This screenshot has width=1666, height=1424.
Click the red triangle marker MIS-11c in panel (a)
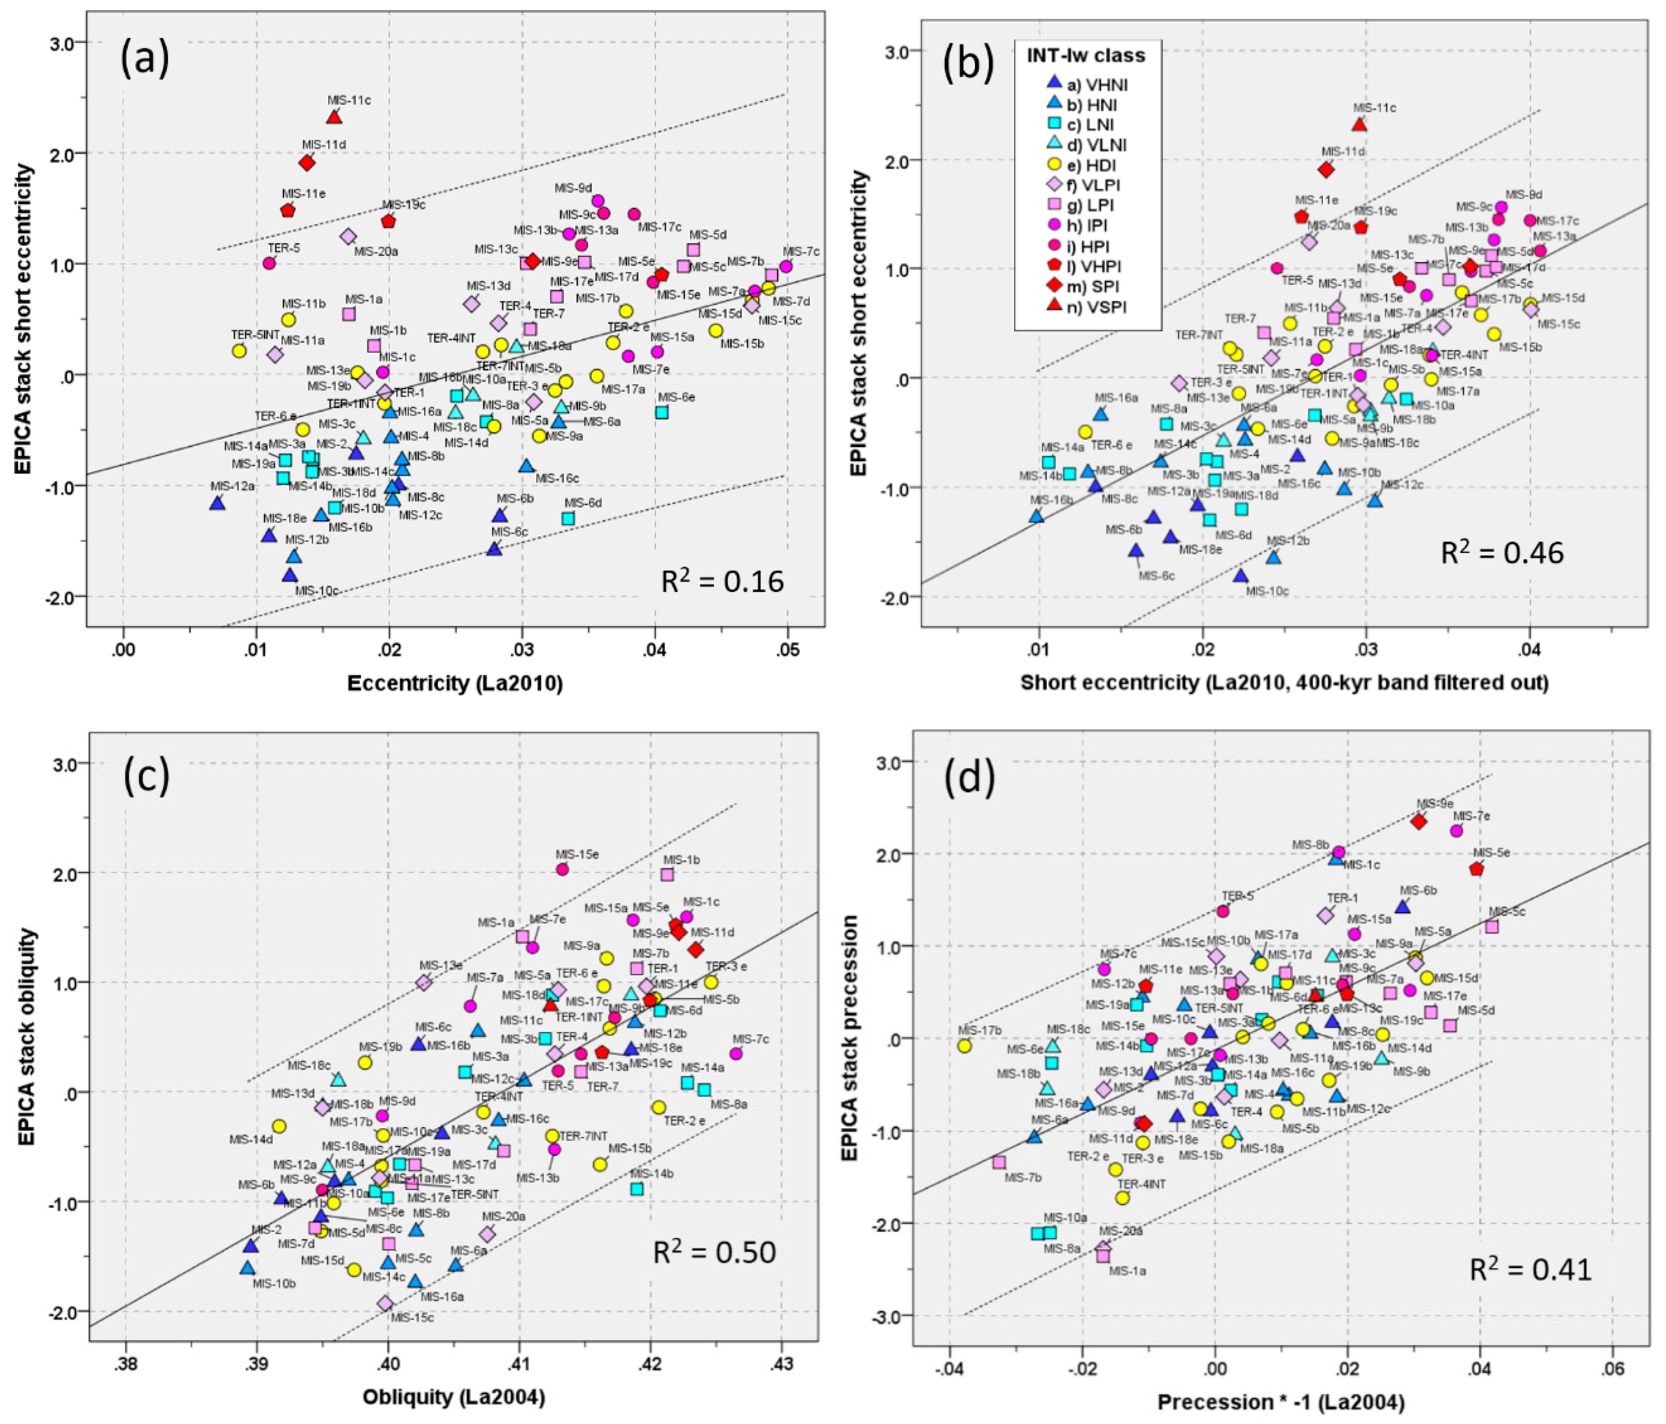335,117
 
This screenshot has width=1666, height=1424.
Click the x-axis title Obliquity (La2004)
454,1396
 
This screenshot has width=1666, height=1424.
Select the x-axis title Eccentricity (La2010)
454,684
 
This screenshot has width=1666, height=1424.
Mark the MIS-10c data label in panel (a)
316,591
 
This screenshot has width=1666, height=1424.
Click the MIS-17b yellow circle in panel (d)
965,1046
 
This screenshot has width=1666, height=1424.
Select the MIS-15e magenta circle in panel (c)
562,869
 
